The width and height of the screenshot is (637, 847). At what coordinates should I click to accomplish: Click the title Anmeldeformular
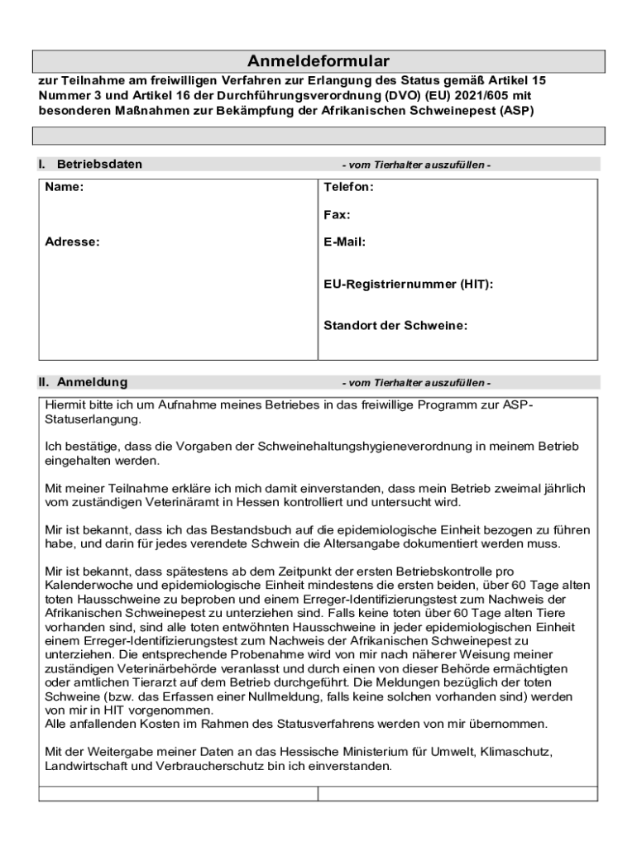[x=318, y=62]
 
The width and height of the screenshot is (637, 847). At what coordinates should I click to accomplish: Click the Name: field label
[x=64, y=188]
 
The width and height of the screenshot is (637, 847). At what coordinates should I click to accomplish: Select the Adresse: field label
[x=72, y=242]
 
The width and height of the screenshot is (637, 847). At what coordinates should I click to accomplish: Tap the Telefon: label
[x=348, y=188]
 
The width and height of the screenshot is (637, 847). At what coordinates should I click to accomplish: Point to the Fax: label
[x=337, y=215]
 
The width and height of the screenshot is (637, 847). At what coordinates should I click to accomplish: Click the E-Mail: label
[x=344, y=242]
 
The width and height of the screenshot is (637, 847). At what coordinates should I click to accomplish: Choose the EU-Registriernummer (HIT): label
[x=408, y=285]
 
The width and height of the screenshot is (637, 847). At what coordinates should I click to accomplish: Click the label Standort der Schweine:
[x=395, y=326]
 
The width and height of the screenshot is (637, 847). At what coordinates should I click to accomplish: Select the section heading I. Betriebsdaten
[x=90, y=164]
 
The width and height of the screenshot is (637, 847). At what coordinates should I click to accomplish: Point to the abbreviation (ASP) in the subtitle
[x=516, y=109]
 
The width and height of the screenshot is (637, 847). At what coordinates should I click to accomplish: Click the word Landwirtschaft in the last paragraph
[x=84, y=767]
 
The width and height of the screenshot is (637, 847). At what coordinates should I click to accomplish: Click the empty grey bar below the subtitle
[x=318, y=136]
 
